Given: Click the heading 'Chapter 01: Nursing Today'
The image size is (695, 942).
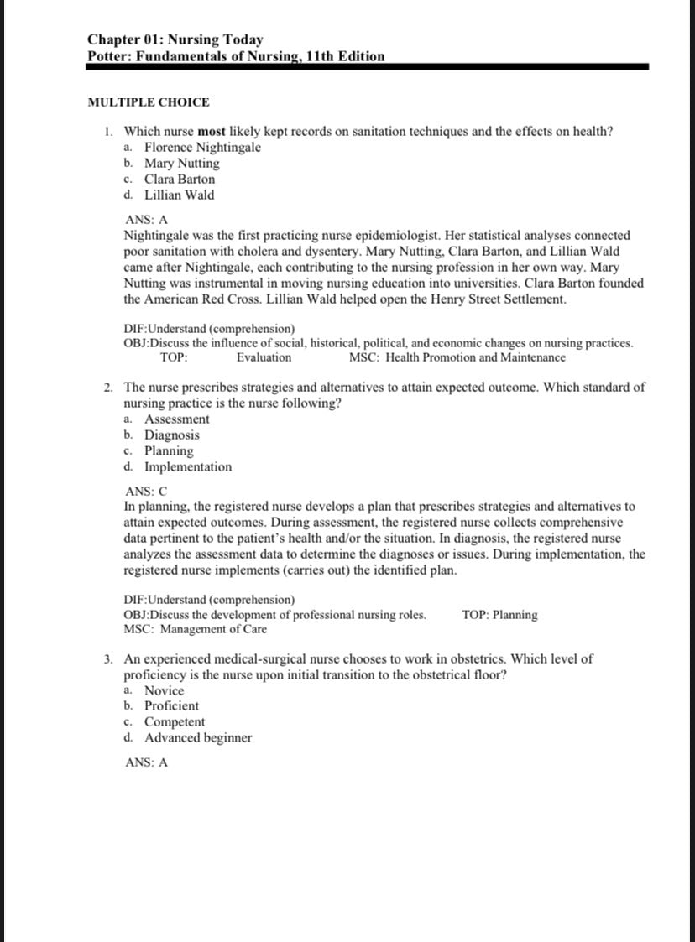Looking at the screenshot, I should (175, 39).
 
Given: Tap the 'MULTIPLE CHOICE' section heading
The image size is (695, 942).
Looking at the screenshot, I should (149, 102).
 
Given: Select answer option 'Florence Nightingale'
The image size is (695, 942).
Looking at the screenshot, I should (202, 148).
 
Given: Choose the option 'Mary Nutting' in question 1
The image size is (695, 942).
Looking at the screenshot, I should (181, 164).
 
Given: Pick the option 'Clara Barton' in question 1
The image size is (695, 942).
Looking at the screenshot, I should (179, 180).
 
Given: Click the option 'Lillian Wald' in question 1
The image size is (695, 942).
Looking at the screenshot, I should (179, 195).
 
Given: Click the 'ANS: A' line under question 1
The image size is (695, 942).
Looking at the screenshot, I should (146, 220).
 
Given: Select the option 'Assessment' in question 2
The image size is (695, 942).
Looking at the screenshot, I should (176, 419).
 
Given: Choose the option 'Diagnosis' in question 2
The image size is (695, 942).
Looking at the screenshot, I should (171, 435).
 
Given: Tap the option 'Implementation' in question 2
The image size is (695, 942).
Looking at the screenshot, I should (188, 467).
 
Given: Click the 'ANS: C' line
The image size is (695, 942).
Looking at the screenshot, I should (146, 492).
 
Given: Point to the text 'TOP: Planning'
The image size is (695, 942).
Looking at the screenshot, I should (499, 615).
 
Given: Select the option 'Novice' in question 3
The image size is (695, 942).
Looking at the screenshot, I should (164, 690).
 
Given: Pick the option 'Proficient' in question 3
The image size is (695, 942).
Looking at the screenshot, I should (171, 706).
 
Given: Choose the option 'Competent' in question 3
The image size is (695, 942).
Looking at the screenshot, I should (174, 722).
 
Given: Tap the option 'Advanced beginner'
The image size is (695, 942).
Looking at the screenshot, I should (197, 738).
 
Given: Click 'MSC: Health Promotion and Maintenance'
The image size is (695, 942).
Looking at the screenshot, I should (457, 357).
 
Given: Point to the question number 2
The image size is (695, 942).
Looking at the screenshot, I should (110, 388).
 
